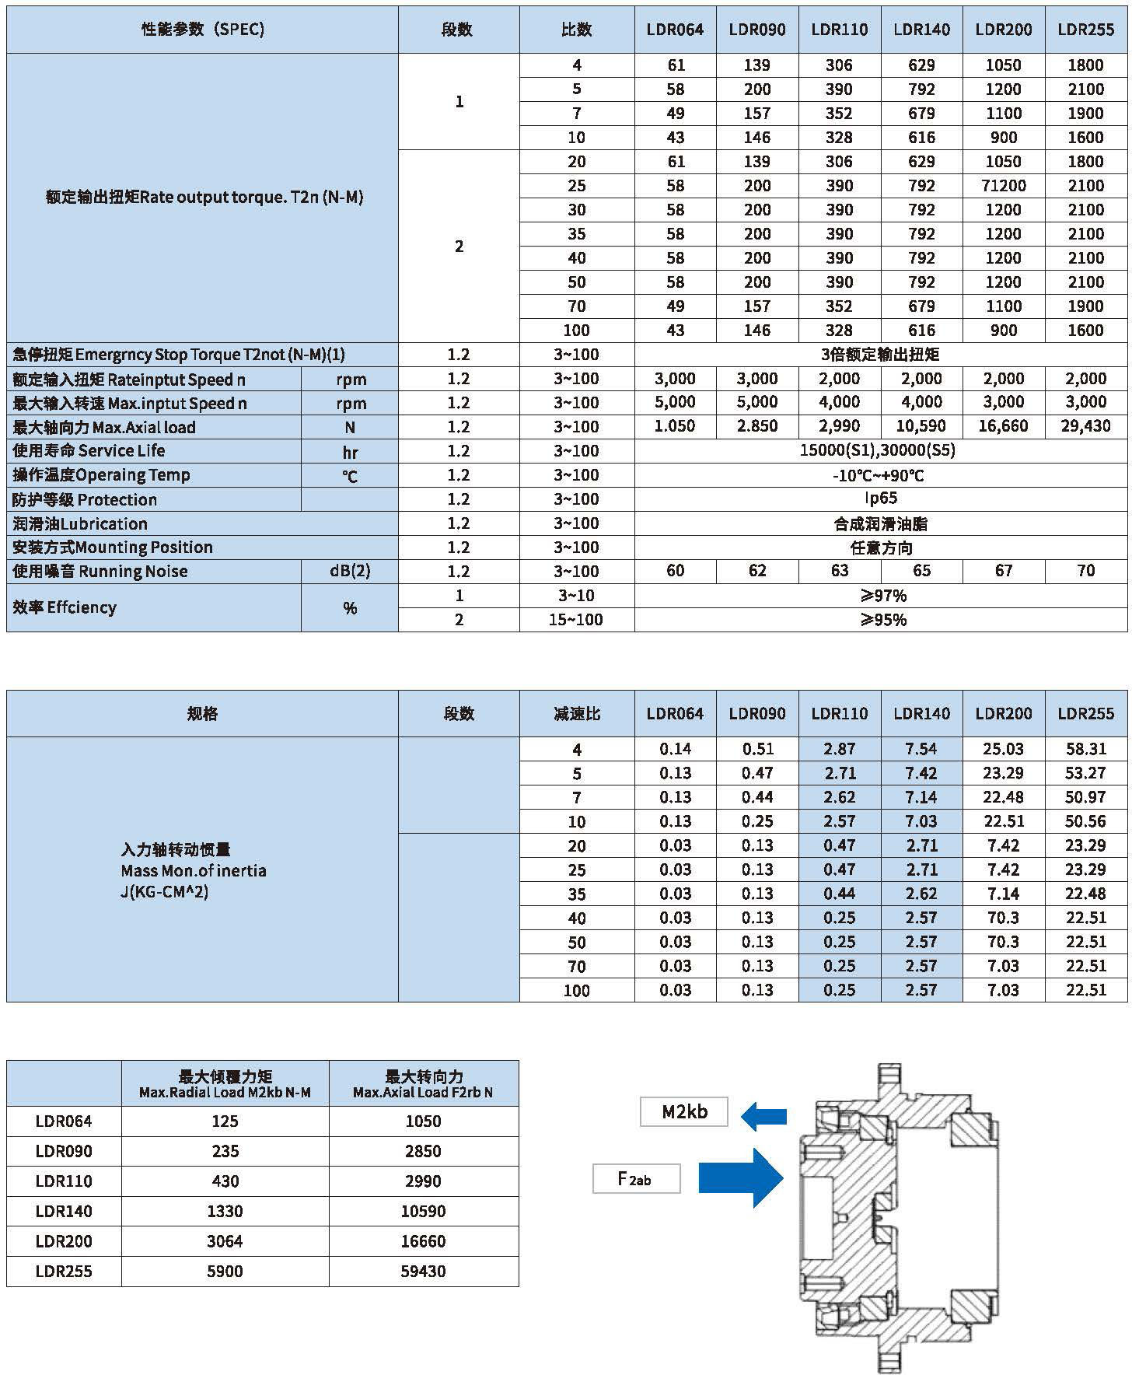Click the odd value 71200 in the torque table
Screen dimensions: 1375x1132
tap(1004, 186)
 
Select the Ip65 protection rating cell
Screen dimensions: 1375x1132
tap(881, 499)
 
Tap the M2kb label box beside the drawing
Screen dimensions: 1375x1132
tap(684, 1111)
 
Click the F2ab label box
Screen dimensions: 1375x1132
tap(636, 1178)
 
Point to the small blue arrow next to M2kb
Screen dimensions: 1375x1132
tap(763, 1118)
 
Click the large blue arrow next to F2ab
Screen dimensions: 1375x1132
tap(740, 1177)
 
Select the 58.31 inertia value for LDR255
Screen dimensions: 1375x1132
tap(1085, 749)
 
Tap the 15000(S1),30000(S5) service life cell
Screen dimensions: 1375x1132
tap(881, 450)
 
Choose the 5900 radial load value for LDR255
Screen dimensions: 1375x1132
tap(225, 1271)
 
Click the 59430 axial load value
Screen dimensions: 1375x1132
tap(423, 1271)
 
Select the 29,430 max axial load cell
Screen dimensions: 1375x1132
tap(1085, 426)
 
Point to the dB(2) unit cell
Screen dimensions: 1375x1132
tap(350, 572)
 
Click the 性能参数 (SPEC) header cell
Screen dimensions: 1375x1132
tap(202, 30)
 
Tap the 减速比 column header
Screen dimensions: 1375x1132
tap(576, 713)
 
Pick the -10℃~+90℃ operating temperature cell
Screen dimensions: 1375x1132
tap(881, 475)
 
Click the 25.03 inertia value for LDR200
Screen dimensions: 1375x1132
tap(1004, 749)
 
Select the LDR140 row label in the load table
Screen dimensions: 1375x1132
tap(64, 1211)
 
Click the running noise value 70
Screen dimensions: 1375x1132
tap(1085, 571)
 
